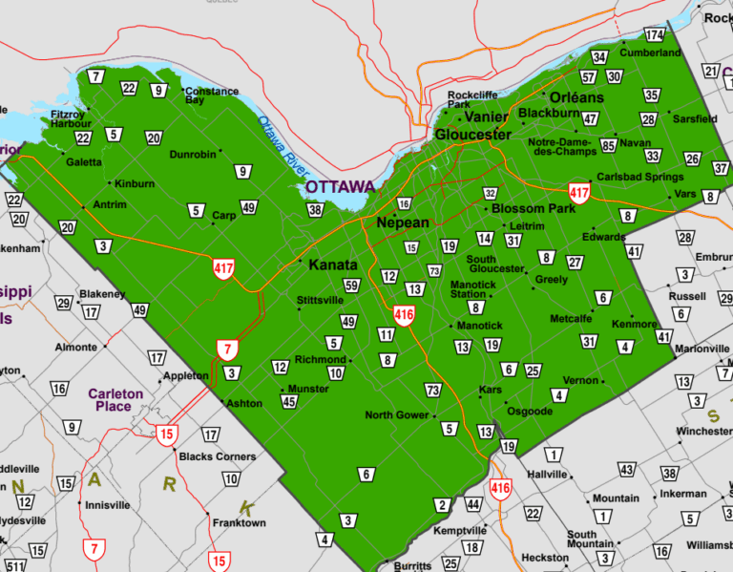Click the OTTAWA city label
tap(340, 186)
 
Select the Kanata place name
tap(333, 265)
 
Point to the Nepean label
tap(402, 222)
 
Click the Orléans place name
tap(576, 97)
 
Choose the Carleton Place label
tap(115, 399)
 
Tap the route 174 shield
tap(654, 35)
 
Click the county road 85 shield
tap(608, 146)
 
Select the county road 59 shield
tap(351, 286)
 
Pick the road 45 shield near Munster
tap(288, 402)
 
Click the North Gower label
tap(397, 415)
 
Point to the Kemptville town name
tap(459, 530)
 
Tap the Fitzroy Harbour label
tap(71, 118)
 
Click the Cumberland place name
tap(651, 53)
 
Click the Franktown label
tap(239, 523)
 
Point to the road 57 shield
tap(589, 76)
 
